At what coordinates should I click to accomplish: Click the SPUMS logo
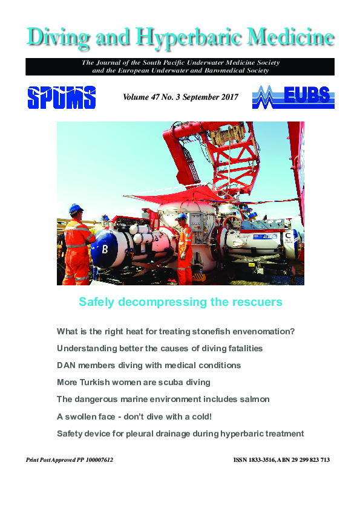click(x=61, y=97)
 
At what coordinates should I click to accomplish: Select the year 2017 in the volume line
click(x=228, y=97)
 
